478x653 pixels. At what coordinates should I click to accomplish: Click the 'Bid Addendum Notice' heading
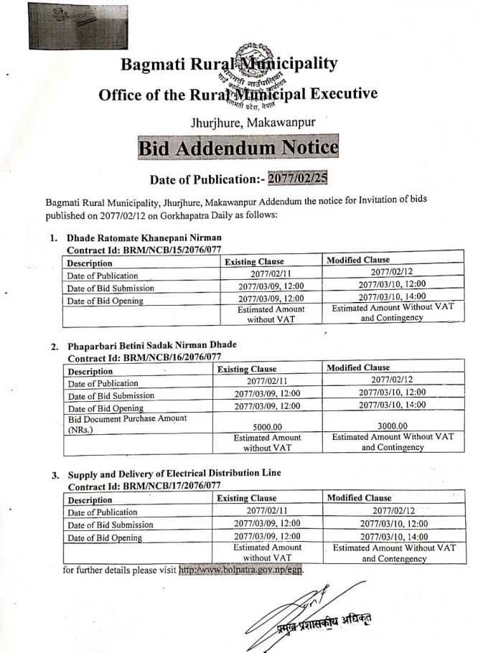point(238,149)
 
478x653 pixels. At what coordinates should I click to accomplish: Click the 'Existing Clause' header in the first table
point(254,262)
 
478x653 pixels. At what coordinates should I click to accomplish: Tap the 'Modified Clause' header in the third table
point(359,497)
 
